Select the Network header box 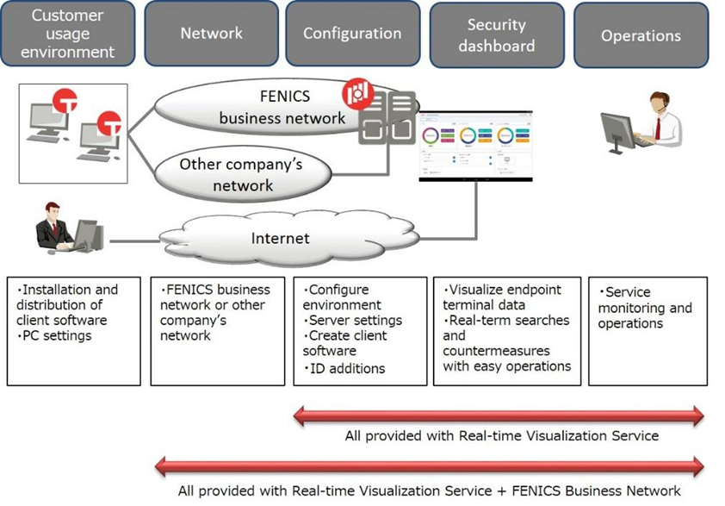211,34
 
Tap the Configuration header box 352,34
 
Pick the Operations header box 641,35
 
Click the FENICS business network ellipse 258,107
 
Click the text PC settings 55,336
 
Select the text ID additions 347,368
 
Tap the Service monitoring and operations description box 647,330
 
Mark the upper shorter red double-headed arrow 499,415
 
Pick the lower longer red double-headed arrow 429,467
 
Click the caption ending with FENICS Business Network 429,490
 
